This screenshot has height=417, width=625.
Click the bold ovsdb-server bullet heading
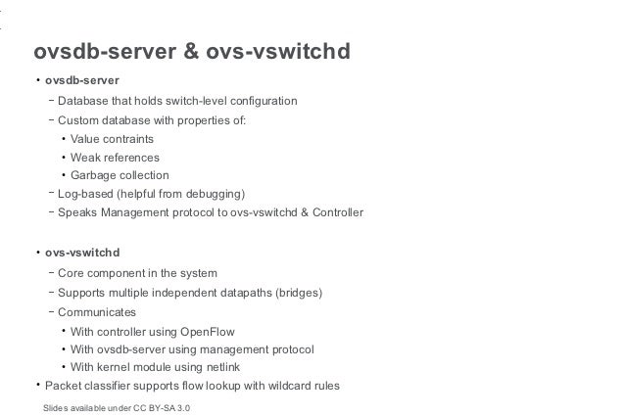pyautogui.click(x=83, y=80)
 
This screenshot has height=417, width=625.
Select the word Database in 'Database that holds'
pyautogui.click(x=83, y=101)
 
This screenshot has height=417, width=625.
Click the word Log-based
pyautogui.click(x=86, y=193)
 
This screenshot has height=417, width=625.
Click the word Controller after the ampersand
pyautogui.click(x=334, y=211)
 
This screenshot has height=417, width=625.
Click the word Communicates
pyautogui.click(x=97, y=312)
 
